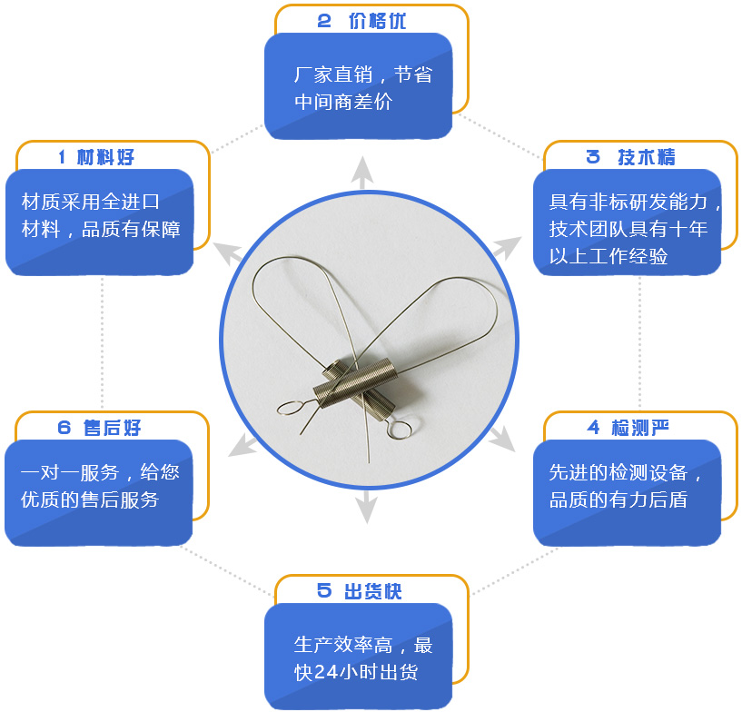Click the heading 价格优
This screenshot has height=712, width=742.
(377, 21)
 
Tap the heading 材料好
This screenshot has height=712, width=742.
(105, 157)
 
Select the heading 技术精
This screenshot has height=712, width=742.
(647, 157)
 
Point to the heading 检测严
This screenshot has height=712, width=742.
(640, 428)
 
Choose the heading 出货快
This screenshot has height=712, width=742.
(373, 591)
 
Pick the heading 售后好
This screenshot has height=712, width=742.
(112, 428)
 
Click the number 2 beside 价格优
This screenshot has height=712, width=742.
(323, 21)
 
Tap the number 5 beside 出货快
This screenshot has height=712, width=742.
(323, 591)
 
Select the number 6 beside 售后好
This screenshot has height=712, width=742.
(64, 428)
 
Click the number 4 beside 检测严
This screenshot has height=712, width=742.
(593, 428)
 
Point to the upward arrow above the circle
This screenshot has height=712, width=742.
(362, 173)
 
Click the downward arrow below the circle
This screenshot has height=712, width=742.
(366, 507)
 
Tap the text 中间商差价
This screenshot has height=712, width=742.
(343, 102)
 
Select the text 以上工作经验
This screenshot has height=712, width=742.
(608, 256)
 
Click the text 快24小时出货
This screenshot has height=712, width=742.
(356, 672)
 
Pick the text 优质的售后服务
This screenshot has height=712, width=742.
(89, 499)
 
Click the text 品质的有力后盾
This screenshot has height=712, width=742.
(618, 499)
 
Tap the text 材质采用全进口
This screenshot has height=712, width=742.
(91, 202)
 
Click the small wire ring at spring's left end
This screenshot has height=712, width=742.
(289, 408)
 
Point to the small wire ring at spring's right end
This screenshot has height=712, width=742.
(398, 429)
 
